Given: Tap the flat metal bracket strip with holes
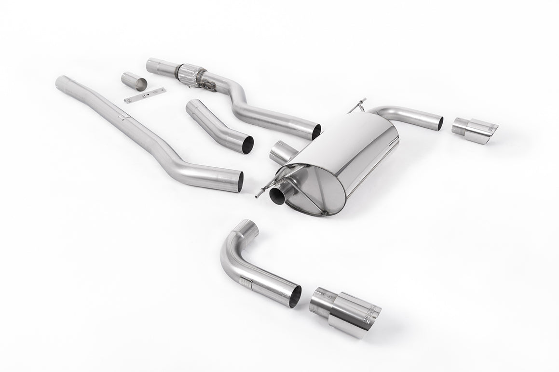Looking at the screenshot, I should [x=144, y=95].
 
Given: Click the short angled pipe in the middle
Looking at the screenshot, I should [x=217, y=124].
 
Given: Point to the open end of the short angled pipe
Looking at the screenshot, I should [x=247, y=145].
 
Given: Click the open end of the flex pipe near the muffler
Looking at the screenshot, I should [x=316, y=132].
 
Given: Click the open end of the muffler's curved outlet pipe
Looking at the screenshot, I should [x=440, y=122].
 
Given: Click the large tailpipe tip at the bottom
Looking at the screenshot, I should [x=345, y=311].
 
